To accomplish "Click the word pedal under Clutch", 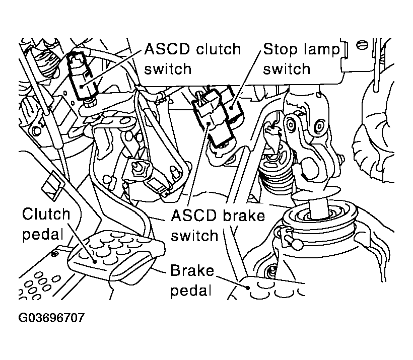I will pyautogui.click(x=42, y=235).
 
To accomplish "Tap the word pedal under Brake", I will pyautogui.click(x=190, y=292).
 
